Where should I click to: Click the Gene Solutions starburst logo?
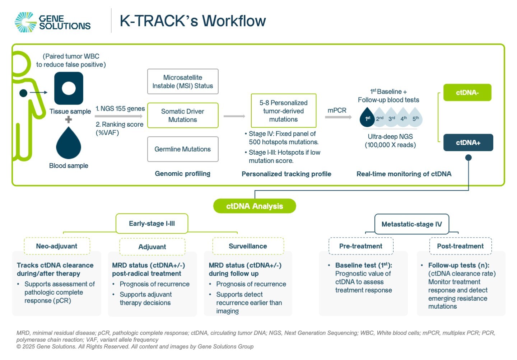pos(25,22)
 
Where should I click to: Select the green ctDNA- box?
pos(467,93)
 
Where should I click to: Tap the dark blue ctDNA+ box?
pos(468,142)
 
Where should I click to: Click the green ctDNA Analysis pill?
pos(255,206)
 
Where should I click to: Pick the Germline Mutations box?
pos(183,149)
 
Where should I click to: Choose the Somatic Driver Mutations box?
pos(183,115)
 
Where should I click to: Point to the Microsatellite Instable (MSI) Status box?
pos(183,81)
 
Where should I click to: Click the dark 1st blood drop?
pos(367,117)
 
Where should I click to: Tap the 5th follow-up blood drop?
pos(416,117)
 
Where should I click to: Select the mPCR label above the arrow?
pos(337,110)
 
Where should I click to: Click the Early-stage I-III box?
pos(152,223)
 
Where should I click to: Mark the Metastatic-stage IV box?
pos(411,224)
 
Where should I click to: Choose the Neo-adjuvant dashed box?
pos(57,246)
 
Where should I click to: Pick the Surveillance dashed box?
pos(248,246)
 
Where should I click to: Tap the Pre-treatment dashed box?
pos(361,246)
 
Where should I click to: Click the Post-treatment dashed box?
pos(460,246)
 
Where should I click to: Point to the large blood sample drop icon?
pos(69,144)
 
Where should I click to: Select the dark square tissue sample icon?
pos(69,88)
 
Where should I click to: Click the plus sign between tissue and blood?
pos(69,120)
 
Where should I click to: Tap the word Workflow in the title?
pos(234,21)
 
